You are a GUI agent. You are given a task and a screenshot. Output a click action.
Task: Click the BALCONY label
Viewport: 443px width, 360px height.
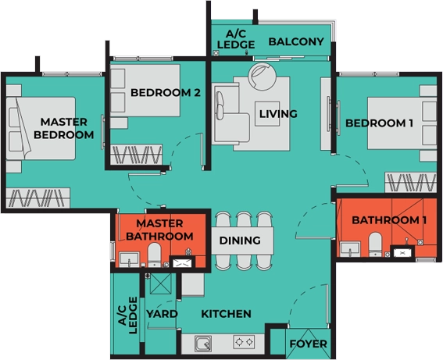tap(296, 41)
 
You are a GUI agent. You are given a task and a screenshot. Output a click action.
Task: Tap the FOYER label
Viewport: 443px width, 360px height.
tap(309, 344)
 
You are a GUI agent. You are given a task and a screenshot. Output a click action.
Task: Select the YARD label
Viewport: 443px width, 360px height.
tap(162, 314)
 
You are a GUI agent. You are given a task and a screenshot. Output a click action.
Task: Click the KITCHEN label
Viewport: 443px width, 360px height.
tap(226, 314)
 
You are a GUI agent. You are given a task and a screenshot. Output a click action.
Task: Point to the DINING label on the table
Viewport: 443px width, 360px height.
tap(240, 241)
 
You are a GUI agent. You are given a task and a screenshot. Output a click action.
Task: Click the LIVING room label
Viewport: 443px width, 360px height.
tap(278, 114)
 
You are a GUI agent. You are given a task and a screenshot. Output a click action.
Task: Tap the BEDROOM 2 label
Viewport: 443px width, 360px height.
tap(166, 92)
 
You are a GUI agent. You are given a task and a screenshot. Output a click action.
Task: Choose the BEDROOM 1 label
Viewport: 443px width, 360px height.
tap(379, 123)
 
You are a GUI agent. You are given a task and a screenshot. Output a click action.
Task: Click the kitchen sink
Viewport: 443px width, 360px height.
tap(203, 344)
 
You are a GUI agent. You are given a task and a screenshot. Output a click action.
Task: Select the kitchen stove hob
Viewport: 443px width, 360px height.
tap(244, 342)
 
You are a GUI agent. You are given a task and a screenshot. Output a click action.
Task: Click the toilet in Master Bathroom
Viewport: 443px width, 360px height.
tap(154, 255)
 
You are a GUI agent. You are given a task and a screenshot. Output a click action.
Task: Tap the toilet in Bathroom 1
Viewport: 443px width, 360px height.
tap(375, 244)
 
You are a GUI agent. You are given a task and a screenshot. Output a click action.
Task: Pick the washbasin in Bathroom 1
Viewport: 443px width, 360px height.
tap(350, 249)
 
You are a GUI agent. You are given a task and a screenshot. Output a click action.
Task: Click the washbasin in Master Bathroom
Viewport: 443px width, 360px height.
tap(129, 259)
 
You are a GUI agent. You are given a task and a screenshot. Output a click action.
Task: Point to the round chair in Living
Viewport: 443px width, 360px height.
tap(262, 77)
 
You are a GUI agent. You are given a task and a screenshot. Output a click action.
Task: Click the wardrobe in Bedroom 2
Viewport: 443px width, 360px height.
tap(136, 155)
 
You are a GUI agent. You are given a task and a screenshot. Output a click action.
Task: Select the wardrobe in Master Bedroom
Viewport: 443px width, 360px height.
tap(38, 198)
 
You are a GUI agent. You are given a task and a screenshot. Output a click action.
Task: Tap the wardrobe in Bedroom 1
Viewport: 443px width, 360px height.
tap(411, 183)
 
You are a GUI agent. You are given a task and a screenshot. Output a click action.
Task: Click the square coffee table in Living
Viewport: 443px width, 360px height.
tap(267, 113)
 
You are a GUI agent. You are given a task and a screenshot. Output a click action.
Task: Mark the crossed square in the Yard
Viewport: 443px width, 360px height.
tap(160, 283)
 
